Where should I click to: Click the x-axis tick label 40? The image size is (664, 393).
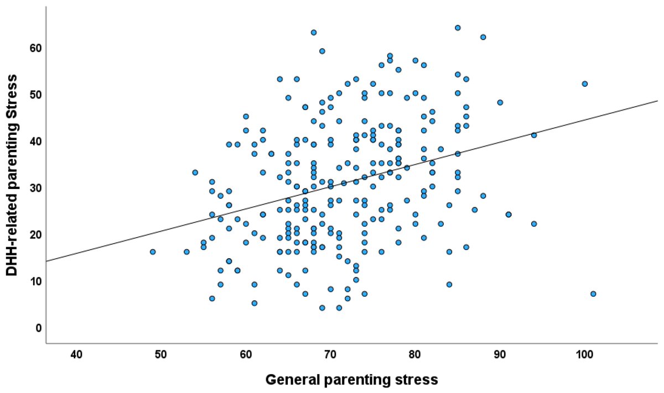(x=76, y=354)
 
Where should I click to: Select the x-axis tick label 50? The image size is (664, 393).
(x=161, y=354)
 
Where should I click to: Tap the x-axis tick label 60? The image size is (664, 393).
(x=246, y=354)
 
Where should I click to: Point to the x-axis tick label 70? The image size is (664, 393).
(x=330, y=354)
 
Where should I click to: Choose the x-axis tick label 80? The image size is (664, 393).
(x=415, y=354)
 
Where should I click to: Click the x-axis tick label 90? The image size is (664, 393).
(x=500, y=354)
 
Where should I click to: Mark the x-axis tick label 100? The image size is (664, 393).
(x=584, y=354)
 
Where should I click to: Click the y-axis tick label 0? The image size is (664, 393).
(x=38, y=328)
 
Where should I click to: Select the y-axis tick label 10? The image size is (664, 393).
(x=35, y=281)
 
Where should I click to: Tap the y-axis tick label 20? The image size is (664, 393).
(x=35, y=235)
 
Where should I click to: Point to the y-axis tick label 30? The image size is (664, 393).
(x=35, y=188)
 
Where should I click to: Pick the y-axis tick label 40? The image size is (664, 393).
(x=35, y=142)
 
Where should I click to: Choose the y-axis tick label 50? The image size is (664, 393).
(x=35, y=95)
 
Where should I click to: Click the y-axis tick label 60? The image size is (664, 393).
(x=35, y=49)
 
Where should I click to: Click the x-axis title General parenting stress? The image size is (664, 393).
(x=352, y=380)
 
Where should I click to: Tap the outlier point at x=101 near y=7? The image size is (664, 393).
(x=593, y=294)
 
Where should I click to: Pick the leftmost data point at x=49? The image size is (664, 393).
(x=153, y=252)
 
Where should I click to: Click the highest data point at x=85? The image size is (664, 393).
(x=458, y=28)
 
